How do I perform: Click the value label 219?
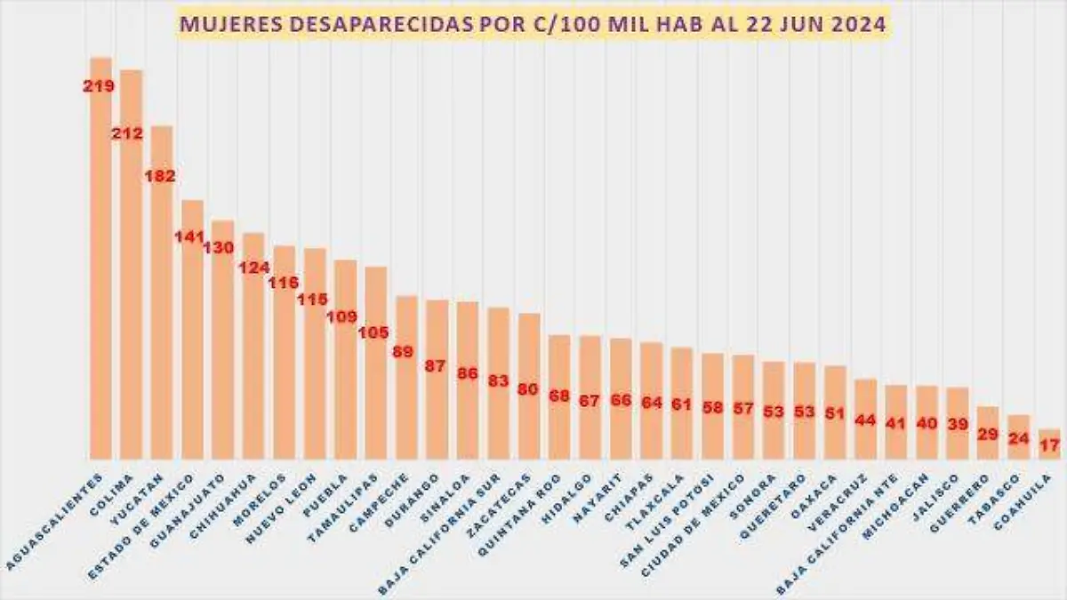click(98, 87)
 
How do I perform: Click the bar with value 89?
click(406, 391)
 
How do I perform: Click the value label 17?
click(1049, 445)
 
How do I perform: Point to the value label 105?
click(373, 333)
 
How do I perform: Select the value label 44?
click(865, 419)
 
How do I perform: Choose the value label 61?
click(681, 404)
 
